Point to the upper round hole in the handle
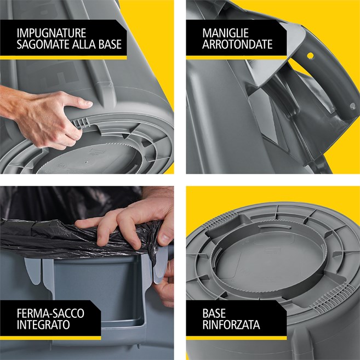point(310,56)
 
